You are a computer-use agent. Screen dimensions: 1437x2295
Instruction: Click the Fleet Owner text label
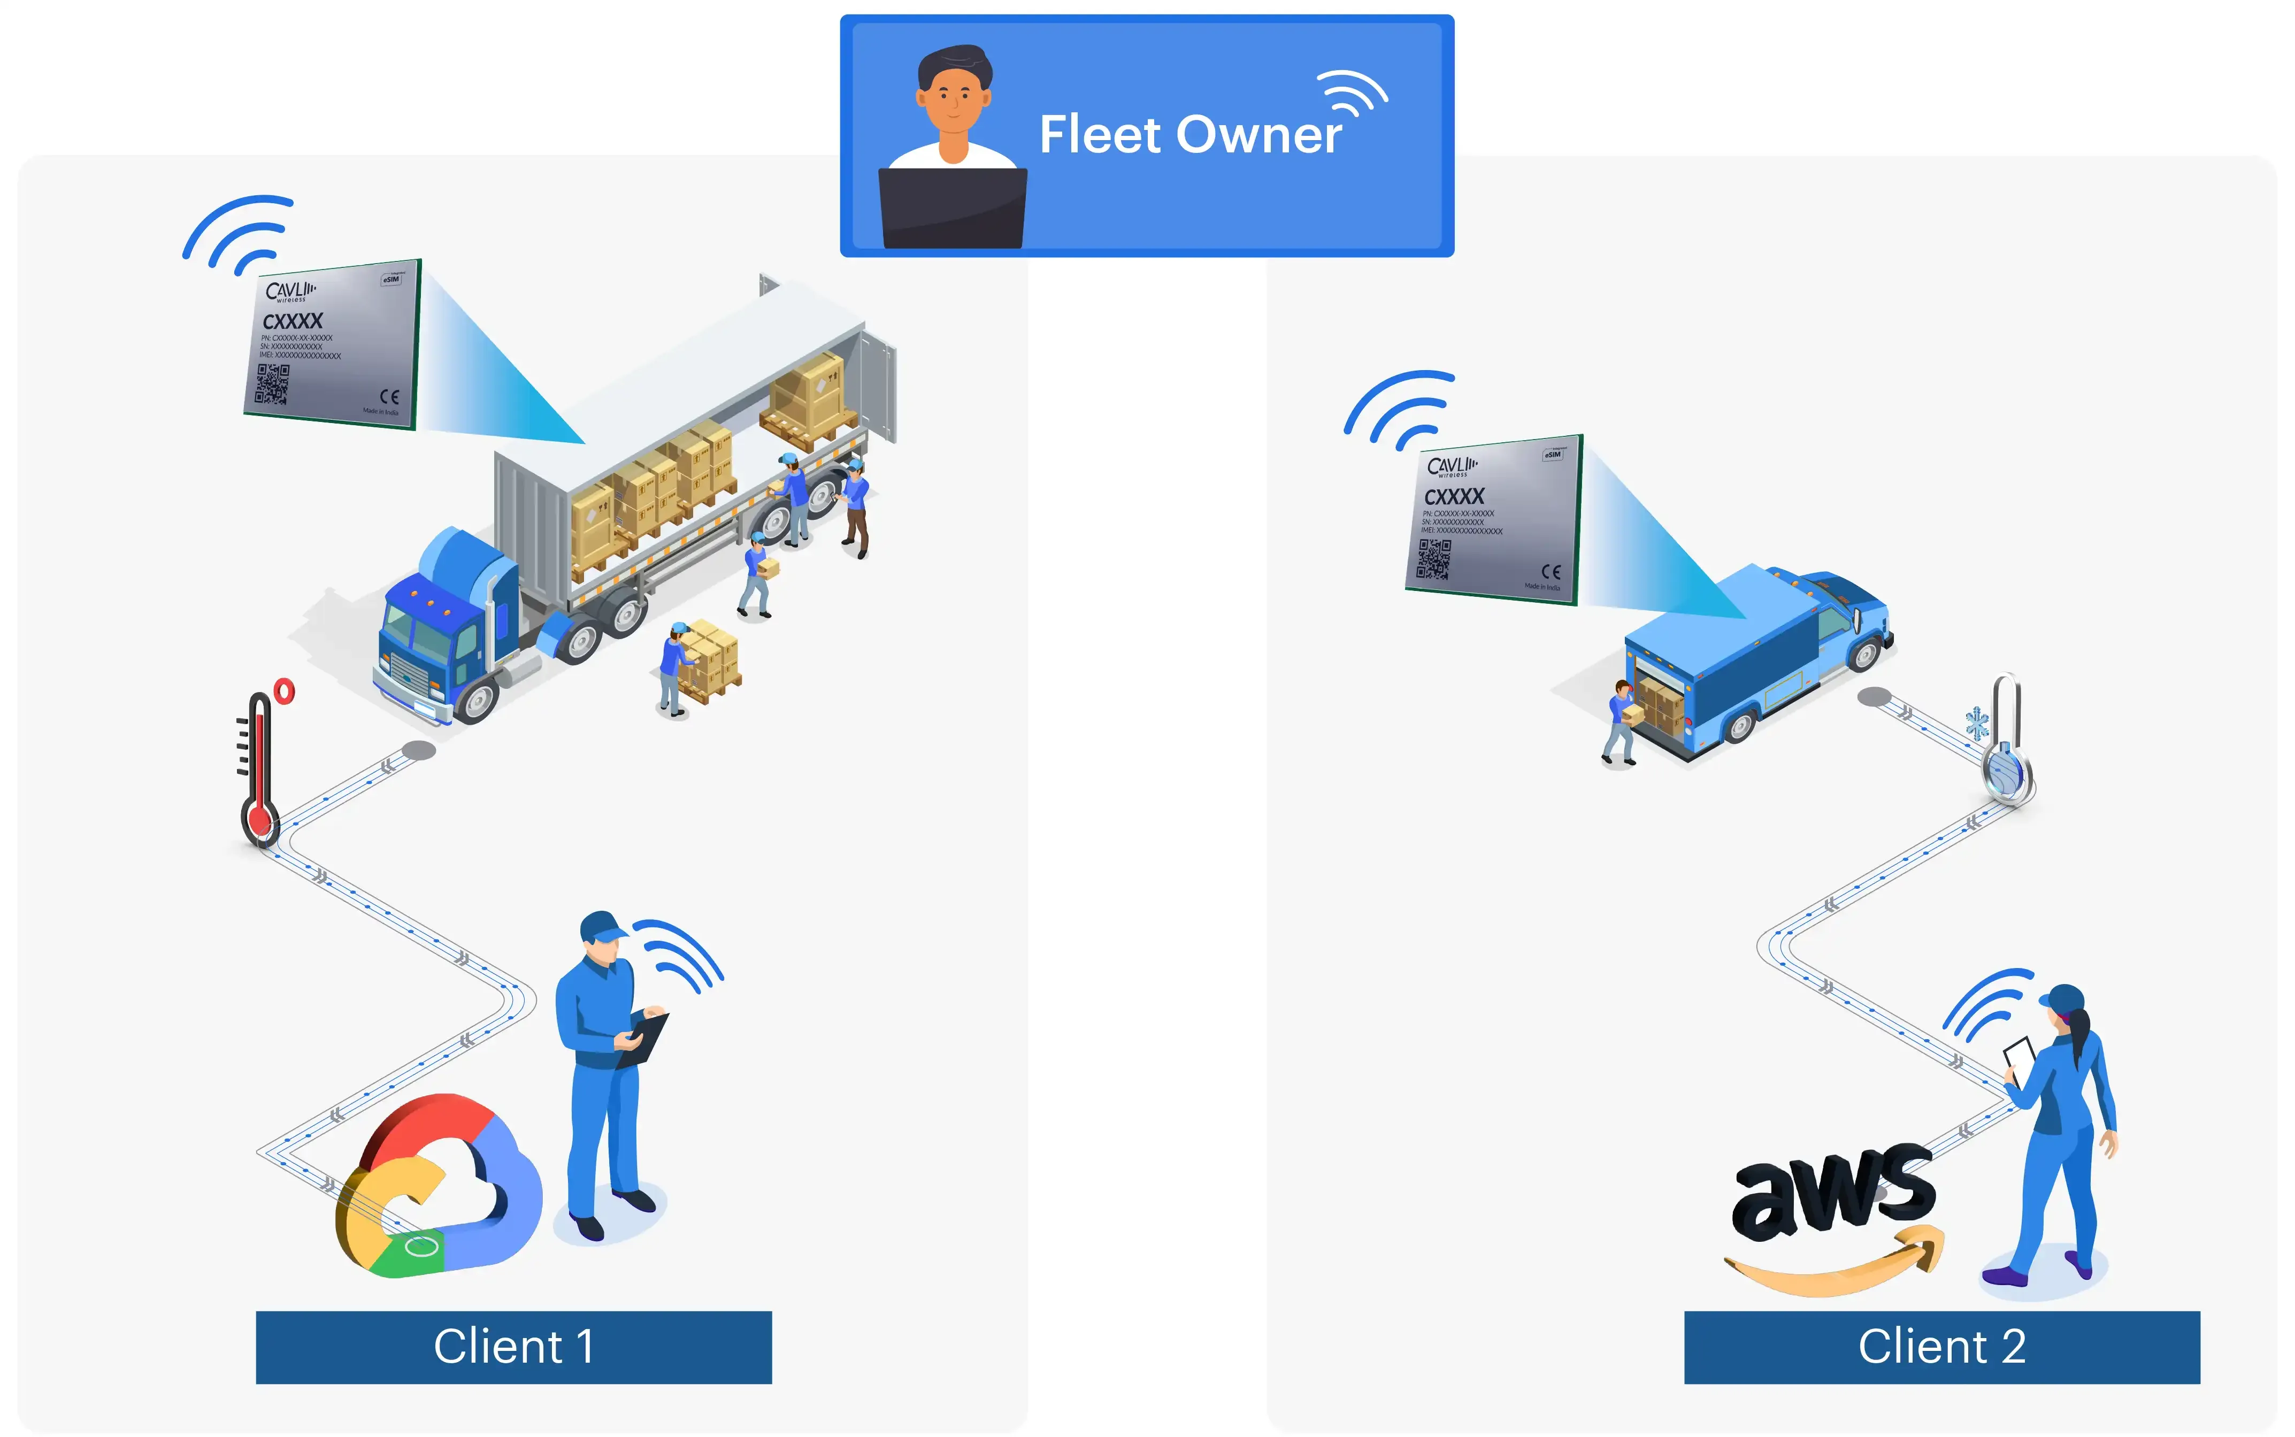click(x=1190, y=134)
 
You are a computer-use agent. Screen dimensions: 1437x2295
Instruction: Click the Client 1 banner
click(x=513, y=1347)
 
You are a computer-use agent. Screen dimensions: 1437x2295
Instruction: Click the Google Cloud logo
click(x=437, y=1188)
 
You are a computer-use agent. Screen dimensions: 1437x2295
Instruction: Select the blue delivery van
click(x=1758, y=656)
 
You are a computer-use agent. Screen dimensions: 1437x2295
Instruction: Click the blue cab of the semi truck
click(x=447, y=618)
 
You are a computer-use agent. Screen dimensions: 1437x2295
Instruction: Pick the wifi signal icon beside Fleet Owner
click(x=1354, y=93)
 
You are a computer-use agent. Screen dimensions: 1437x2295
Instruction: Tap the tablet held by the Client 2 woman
click(x=2018, y=1055)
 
